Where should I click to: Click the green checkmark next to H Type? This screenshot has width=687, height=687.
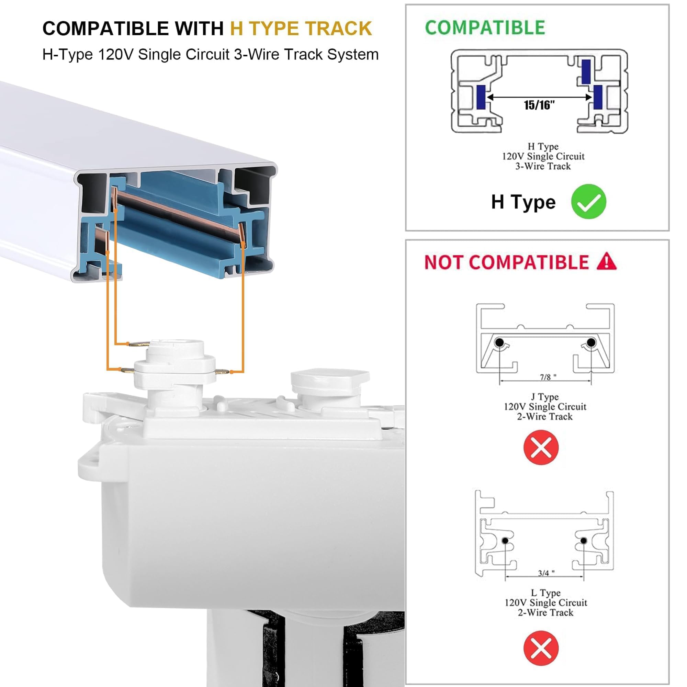coord(588,202)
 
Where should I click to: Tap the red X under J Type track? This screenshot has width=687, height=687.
coord(541,447)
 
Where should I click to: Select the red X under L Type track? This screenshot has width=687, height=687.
coord(541,648)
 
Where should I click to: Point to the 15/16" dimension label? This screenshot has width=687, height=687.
coord(539,105)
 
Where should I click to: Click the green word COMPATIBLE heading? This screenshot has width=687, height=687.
coord(485,28)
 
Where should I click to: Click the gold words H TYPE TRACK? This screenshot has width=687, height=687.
coord(301,29)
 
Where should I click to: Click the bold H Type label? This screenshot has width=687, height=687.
coord(523,202)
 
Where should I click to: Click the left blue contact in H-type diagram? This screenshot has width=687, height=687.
coord(481,97)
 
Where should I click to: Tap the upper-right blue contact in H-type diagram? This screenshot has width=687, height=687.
coord(586,71)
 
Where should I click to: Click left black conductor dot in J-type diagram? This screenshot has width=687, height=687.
coord(499,343)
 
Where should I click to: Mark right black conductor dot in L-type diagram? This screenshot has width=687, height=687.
coord(584,540)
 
